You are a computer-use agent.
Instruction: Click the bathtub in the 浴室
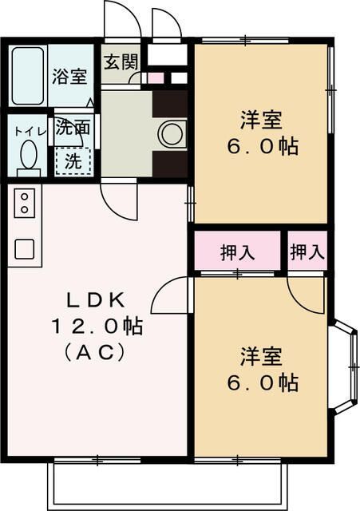pos(28,76)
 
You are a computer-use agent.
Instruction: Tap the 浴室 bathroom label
pos(70,77)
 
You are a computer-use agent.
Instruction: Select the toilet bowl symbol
pos(29,153)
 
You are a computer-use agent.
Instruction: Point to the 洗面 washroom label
pos(73,127)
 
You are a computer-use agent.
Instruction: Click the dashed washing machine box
pos(73,160)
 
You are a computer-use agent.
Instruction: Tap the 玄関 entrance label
pos(119,60)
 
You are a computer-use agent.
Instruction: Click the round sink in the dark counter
pos(171,134)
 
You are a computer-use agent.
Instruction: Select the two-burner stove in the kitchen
pos(24,203)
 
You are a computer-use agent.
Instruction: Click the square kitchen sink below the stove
pos(24,249)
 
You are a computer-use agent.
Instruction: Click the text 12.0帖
pos(97,326)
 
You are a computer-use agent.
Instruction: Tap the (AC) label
pos(97,351)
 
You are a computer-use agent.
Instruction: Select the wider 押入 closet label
pos(237,252)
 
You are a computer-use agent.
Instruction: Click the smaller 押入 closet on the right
pos(307,252)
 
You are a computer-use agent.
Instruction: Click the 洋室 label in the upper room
pos(261,122)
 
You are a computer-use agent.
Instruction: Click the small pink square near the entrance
pos(156,78)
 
